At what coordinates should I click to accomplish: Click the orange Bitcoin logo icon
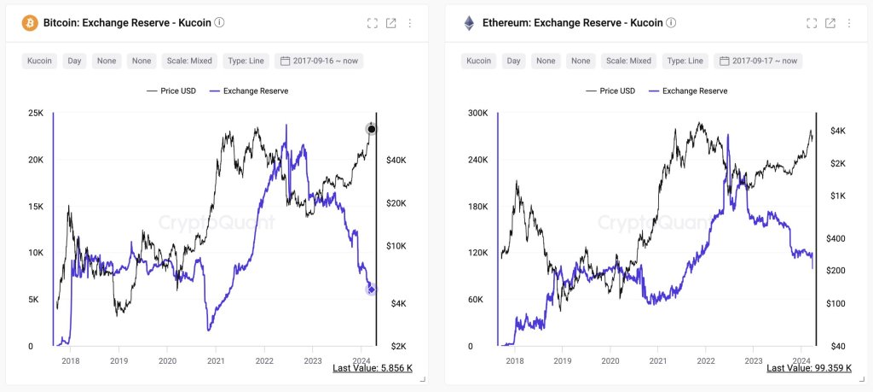[x=30, y=23]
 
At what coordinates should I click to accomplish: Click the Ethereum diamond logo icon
[x=469, y=23]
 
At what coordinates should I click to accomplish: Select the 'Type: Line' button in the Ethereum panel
[x=685, y=61]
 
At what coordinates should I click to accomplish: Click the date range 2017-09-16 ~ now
[x=318, y=61]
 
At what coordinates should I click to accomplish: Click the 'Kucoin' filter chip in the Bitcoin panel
[x=39, y=61]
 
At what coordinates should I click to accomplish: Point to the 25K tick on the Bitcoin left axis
[x=35, y=113]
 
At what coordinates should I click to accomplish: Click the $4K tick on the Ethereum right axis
[x=833, y=131]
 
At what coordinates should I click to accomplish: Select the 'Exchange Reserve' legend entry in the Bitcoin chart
[x=248, y=91]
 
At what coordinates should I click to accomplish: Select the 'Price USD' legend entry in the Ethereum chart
[x=613, y=91]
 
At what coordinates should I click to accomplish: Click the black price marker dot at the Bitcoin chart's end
[x=371, y=129]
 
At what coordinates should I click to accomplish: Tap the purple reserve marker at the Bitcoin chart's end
[x=371, y=290]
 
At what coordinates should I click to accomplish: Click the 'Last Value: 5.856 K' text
[x=373, y=368]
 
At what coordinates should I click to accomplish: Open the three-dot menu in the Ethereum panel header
[x=849, y=23]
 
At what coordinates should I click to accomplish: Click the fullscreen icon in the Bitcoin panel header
[x=372, y=23]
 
